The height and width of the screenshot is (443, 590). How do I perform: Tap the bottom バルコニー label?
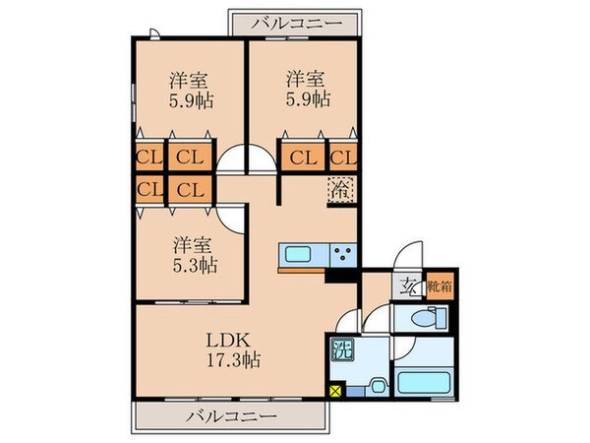tap(230, 417)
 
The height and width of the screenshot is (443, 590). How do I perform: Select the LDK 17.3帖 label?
tap(232, 350)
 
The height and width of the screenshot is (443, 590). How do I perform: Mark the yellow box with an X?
tap(336, 393)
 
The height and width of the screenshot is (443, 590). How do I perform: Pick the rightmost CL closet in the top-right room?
tap(343, 157)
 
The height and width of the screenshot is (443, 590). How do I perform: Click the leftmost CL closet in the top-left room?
tap(148, 157)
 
